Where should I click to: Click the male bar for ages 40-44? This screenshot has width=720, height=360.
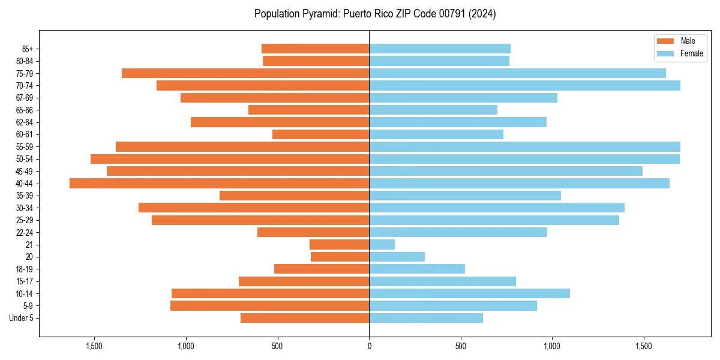coord(219,183)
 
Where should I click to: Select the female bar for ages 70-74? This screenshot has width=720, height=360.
coord(524,85)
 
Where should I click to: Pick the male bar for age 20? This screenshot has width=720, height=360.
coord(340,257)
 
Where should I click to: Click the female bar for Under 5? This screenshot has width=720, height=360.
coord(426,318)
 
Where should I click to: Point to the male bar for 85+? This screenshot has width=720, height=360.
coord(315,49)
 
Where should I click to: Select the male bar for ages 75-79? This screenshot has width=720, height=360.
coord(245,73)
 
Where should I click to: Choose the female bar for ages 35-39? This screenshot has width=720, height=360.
coord(465,196)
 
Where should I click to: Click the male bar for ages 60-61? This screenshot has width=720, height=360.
coord(320,134)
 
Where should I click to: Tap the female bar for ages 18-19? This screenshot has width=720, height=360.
coord(417,269)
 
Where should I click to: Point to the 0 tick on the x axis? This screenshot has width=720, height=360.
coord(369,346)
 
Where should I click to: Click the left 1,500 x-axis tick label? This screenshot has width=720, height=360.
coord(94,346)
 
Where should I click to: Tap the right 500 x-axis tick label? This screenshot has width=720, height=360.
coord(461,346)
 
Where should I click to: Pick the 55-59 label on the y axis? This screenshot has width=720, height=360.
coord(25,146)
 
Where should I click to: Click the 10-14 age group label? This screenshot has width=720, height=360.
coord(25,293)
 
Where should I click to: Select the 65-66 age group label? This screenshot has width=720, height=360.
coord(25,110)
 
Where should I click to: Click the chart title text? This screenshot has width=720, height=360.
coord(375,14)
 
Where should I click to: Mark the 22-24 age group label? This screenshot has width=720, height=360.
coord(25,232)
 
